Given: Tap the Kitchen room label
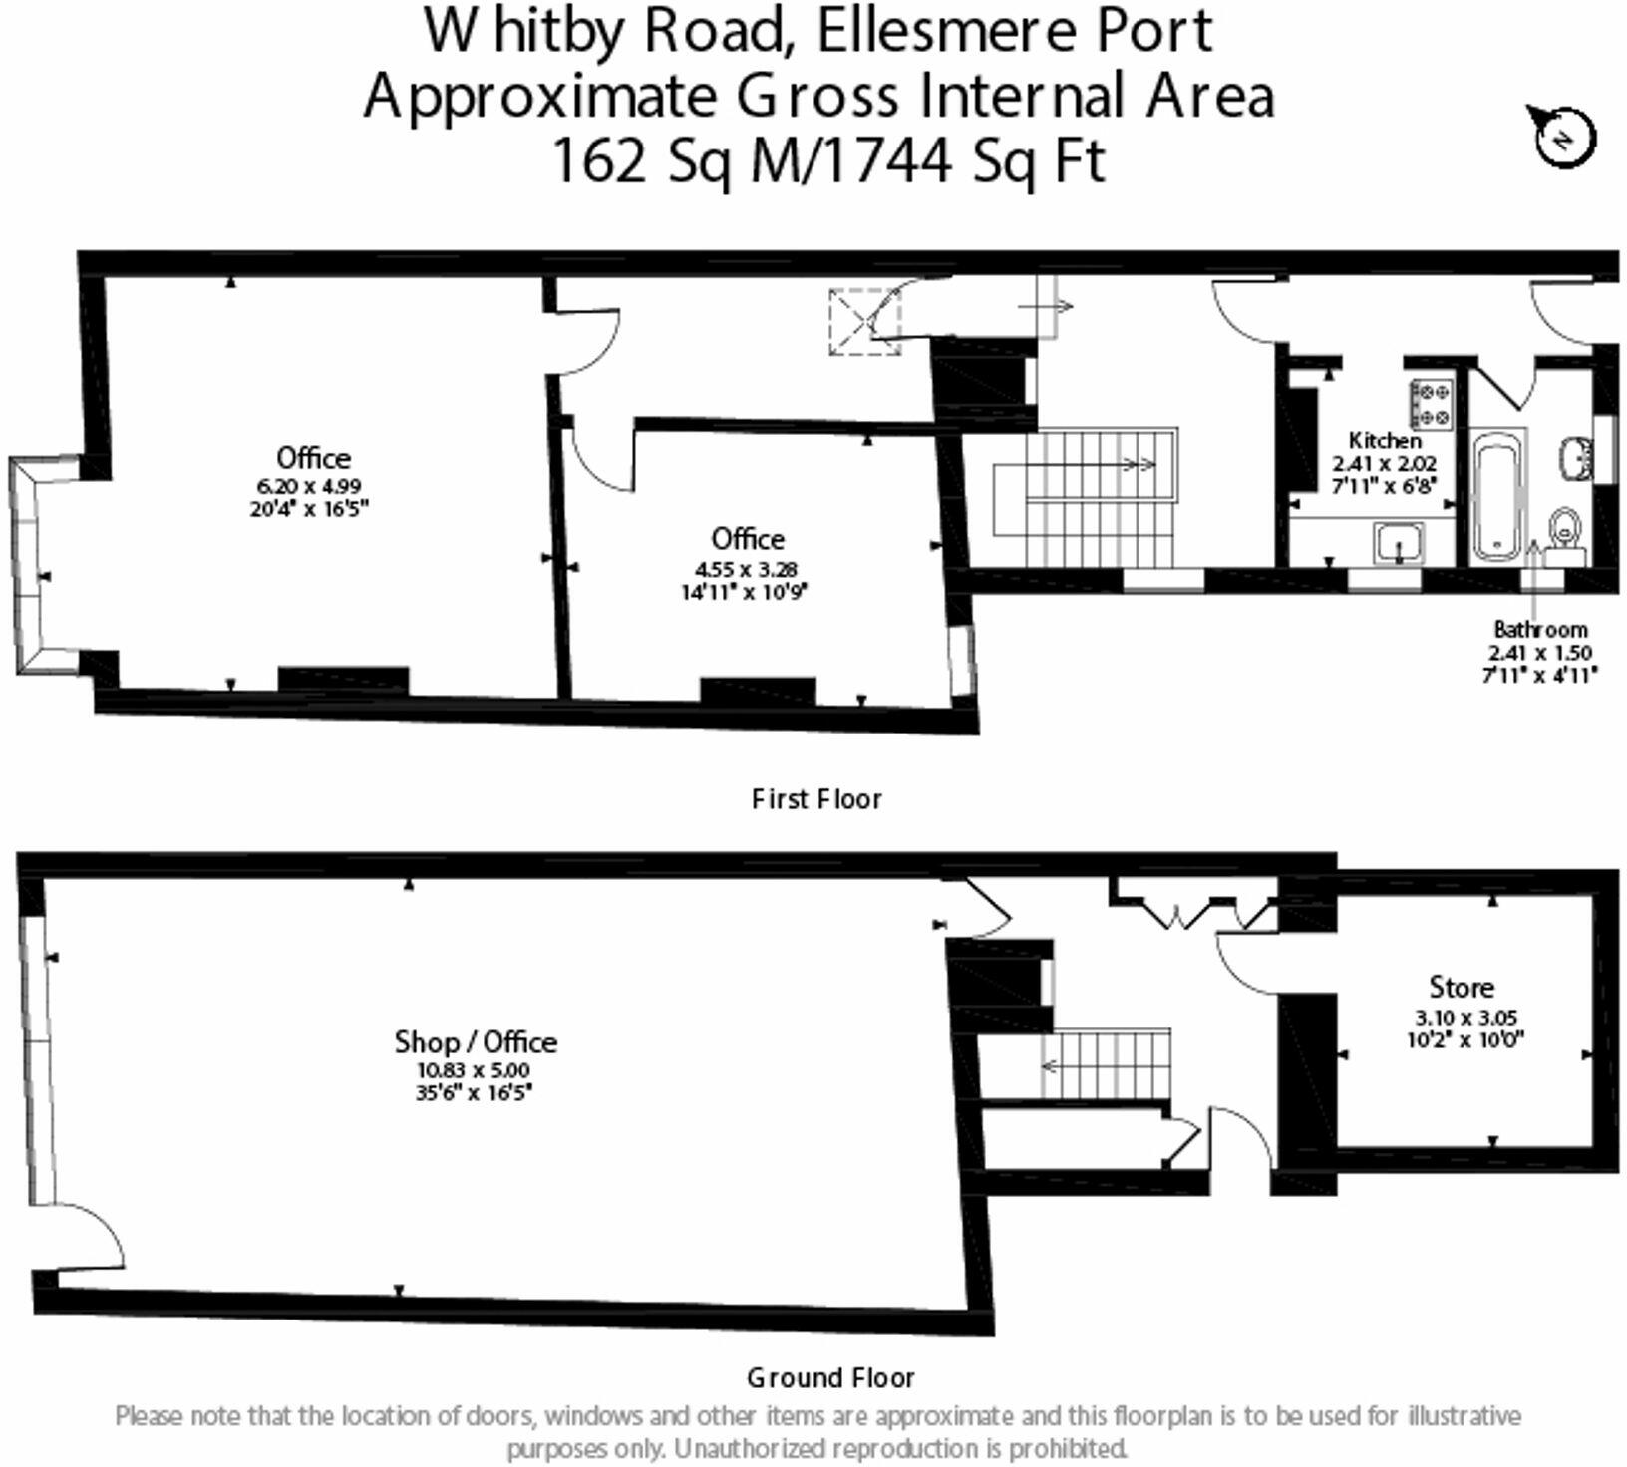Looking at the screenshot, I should [1385, 440].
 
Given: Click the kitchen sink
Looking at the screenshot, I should [1401, 544].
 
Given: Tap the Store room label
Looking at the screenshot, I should [1462, 987].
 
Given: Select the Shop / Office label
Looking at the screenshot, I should [476, 1041].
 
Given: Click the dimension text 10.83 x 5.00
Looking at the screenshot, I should [474, 1070].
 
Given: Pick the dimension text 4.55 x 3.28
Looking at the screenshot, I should [747, 570].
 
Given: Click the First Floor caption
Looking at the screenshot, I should [816, 799].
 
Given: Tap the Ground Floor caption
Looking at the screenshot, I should [830, 1378].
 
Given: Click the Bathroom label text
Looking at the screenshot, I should [1539, 630].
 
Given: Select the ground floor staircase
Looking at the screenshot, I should [1105, 1064].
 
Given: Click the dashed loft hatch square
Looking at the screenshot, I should [864, 320].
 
